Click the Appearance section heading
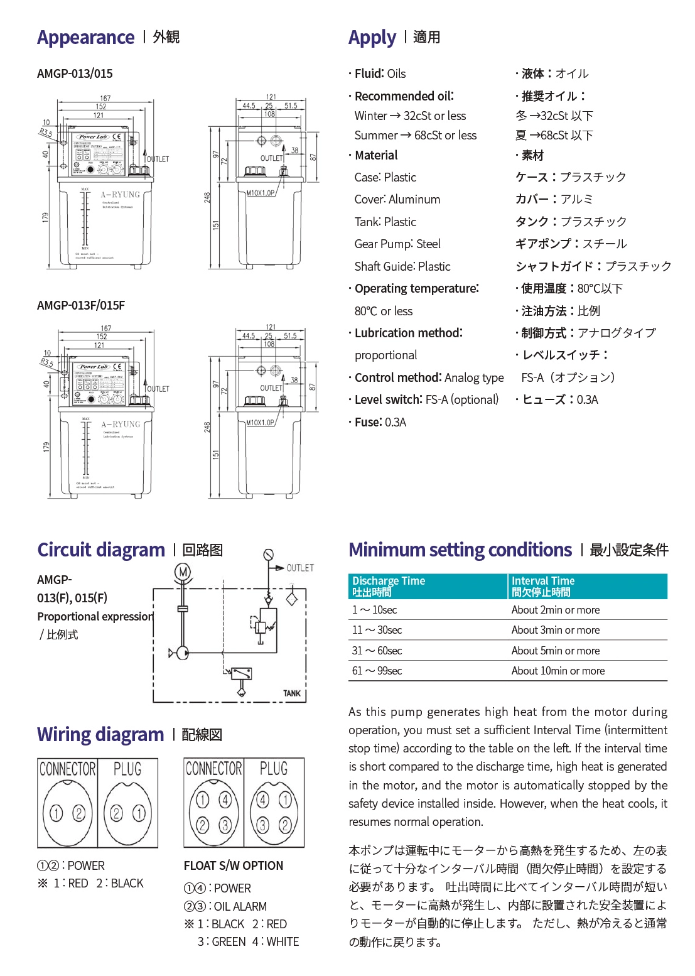(85, 38)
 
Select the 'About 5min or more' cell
(555, 651)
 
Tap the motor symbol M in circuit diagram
(182, 572)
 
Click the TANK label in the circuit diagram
(291, 693)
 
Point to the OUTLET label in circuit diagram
(299, 568)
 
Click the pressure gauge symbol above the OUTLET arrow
(269, 555)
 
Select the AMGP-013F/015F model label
(81, 305)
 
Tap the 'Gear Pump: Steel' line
(397, 244)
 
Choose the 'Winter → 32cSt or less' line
(410, 116)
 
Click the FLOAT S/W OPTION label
(234, 865)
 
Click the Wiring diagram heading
(100, 734)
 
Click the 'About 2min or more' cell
(555, 610)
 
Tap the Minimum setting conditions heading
(460, 550)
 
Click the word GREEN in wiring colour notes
(229, 941)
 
